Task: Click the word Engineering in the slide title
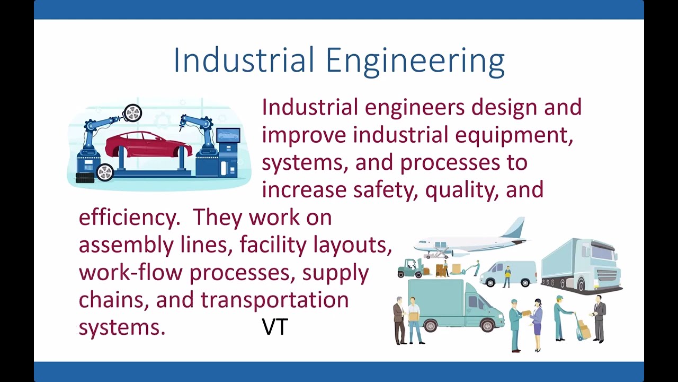[415, 61]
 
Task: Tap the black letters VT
[274, 327]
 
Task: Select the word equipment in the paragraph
[513, 135]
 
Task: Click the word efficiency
[129, 218]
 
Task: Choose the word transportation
[274, 300]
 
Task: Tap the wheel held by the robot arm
[132, 113]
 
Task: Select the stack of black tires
[85, 178]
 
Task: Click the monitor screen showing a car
[228, 136]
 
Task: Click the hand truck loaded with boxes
[583, 329]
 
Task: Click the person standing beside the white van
[507, 276]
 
